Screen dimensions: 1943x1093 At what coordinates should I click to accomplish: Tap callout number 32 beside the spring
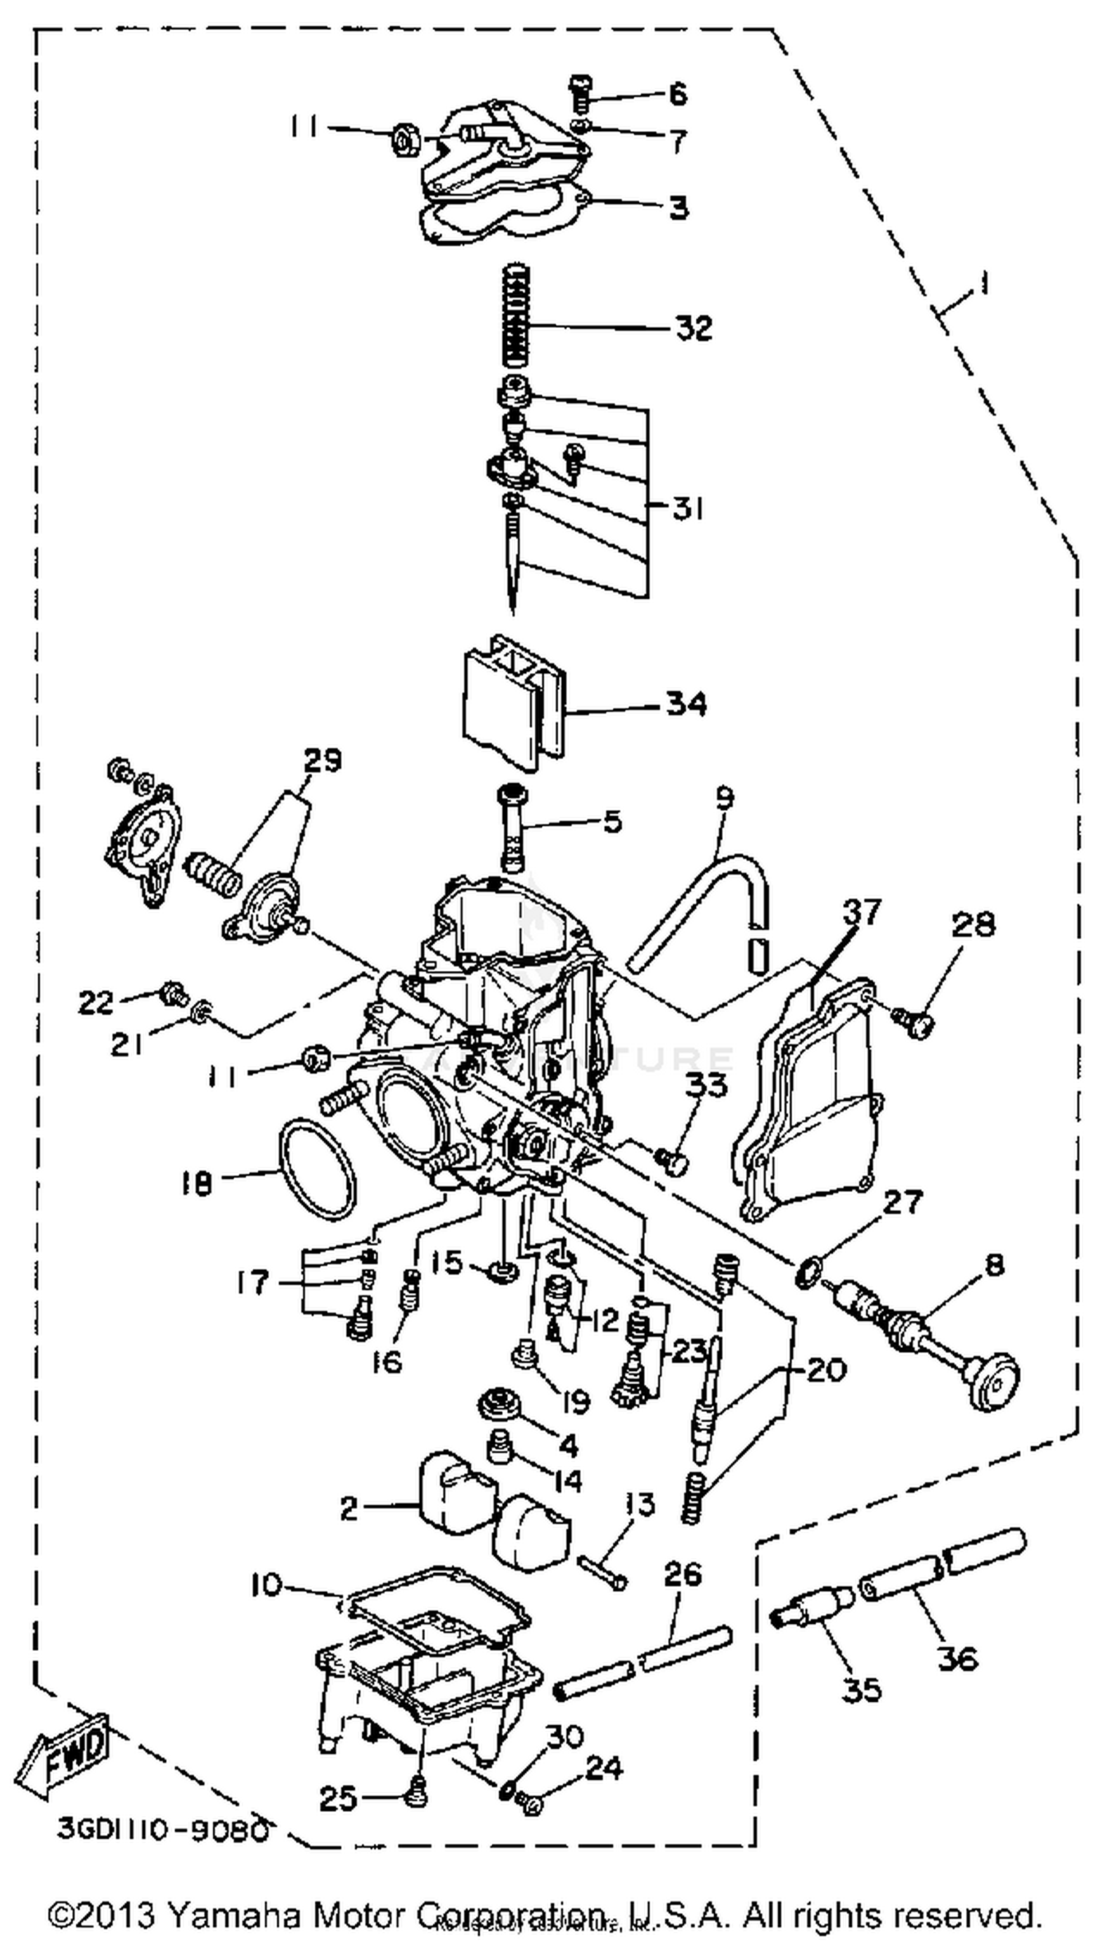pyautogui.click(x=692, y=329)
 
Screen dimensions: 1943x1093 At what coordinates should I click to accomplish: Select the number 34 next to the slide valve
pyautogui.click(x=686, y=704)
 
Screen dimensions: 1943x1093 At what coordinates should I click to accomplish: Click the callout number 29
pyautogui.click(x=322, y=760)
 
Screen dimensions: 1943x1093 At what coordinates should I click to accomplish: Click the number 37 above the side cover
pyautogui.click(x=861, y=912)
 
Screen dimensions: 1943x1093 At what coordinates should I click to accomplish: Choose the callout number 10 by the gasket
pyautogui.click(x=266, y=1585)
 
